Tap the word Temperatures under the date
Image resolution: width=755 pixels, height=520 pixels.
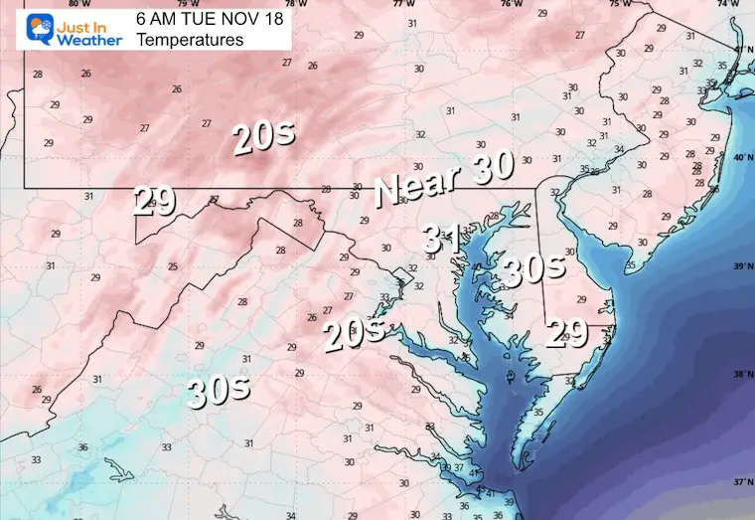click(x=190, y=40)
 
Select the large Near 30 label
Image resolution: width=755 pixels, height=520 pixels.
click(x=443, y=181)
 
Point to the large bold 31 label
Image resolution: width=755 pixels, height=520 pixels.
click(x=440, y=238)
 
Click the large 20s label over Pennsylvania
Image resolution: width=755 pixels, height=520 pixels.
click(x=263, y=138)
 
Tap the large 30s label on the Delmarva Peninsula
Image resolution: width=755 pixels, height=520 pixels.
click(x=533, y=267)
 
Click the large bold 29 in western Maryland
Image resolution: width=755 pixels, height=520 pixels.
click(x=154, y=203)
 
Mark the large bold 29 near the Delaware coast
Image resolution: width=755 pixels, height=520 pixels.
click(x=572, y=333)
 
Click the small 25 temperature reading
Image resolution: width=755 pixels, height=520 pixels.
click(x=173, y=266)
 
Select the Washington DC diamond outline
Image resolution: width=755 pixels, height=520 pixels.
click(x=400, y=276)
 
